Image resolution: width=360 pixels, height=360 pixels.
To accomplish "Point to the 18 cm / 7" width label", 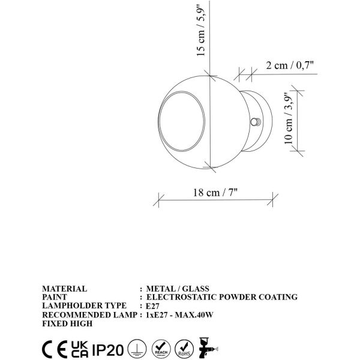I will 216,193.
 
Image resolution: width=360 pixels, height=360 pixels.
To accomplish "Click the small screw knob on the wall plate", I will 257,122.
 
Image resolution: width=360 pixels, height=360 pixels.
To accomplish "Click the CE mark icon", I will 53,347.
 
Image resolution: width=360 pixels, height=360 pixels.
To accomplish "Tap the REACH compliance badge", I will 161,347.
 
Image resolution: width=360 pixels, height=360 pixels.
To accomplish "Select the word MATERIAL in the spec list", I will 65,289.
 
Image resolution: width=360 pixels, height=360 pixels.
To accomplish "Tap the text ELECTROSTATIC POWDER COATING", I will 222,297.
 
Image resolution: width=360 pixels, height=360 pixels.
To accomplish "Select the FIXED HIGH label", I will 67,323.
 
